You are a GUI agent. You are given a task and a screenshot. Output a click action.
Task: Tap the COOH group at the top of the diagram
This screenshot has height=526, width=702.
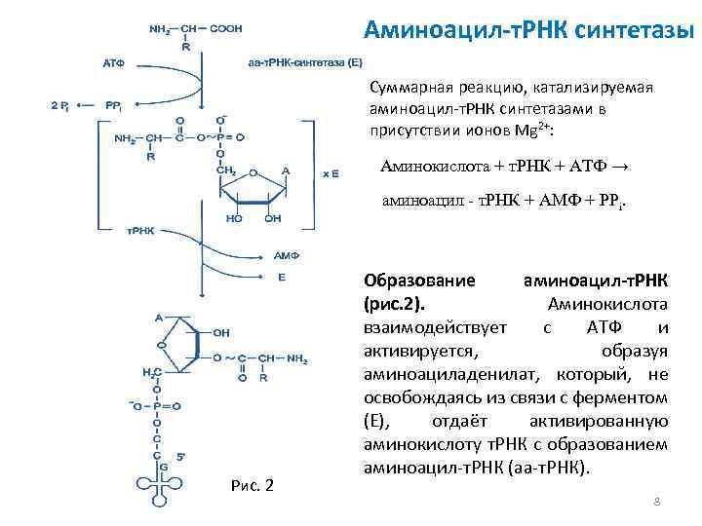(226, 28)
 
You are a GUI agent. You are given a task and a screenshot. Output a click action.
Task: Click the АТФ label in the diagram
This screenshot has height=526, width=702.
(114, 62)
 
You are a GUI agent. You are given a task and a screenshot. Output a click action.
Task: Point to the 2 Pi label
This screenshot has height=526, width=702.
(59, 105)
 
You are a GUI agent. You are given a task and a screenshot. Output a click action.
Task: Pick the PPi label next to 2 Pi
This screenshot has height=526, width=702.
(114, 105)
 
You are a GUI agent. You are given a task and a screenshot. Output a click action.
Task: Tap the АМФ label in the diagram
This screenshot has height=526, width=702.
(286, 256)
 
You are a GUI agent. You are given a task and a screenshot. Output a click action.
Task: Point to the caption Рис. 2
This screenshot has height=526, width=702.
(254, 485)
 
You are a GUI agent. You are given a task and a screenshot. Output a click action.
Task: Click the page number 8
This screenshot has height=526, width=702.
(656, 502)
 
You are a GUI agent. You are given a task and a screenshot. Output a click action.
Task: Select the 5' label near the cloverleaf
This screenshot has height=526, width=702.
(181, 453)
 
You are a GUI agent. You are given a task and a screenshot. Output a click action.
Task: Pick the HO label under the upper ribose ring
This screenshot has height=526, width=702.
(235, 218)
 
